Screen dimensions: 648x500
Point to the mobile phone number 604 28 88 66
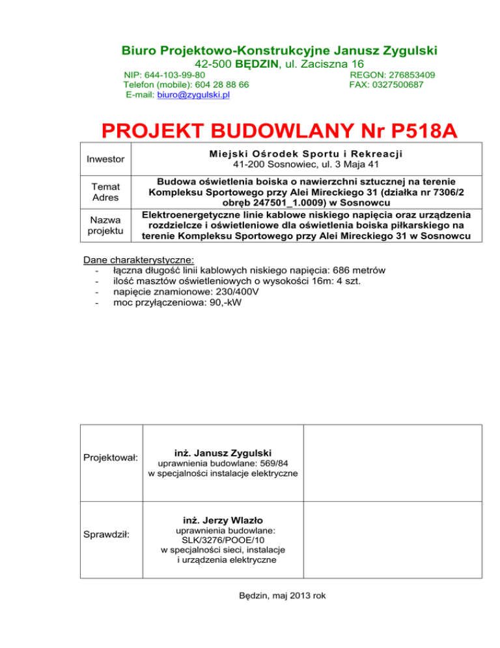point(219,85)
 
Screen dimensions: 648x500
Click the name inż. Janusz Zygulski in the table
point(223,452)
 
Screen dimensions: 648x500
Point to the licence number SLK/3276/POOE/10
point(223,540)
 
